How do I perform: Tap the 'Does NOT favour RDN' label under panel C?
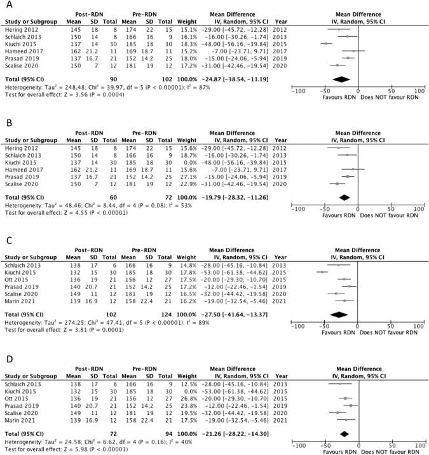383,330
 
